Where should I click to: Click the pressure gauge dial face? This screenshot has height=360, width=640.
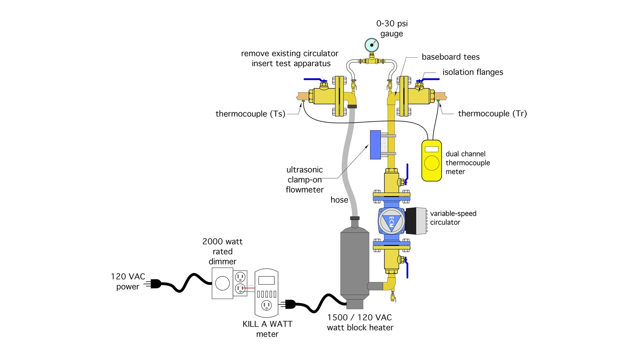coord(372,45)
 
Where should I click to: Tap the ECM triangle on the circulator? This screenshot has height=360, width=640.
coord(392,222)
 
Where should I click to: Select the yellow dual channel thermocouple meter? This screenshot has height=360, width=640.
coord(432,161)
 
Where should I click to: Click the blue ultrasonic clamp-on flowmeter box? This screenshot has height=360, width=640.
coord(375,145)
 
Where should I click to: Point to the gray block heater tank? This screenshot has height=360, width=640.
coord(355,263)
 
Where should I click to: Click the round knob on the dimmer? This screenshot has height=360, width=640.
coord(222,284)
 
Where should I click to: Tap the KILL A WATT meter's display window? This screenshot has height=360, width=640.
coord(266,280)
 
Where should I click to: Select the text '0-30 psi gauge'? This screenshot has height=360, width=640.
coord(392,29)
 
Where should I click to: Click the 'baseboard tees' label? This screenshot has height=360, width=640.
coord(450,57)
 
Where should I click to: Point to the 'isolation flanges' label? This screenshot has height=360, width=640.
coord(472,72)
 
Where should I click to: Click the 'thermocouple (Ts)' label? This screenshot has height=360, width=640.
coord(250,114)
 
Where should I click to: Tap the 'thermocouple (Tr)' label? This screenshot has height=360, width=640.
coord(492,114)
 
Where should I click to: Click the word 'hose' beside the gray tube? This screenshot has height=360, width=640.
coord(339,200)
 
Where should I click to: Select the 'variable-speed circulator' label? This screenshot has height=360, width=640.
coord(453,218)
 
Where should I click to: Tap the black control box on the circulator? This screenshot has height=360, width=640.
coord(416,221)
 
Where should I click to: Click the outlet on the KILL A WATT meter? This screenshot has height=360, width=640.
coord(266,305)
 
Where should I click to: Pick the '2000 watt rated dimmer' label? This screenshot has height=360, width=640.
coord(222,251)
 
